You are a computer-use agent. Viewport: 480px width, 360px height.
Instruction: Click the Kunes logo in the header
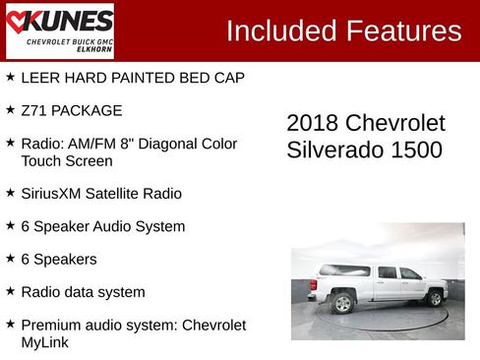pos(59,30)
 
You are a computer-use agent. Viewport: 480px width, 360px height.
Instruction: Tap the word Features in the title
pos(404,30)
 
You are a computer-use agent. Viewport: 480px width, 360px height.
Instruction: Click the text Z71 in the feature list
pos(33,110)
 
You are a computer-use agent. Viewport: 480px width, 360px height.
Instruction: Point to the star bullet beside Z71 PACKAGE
pos(10,109)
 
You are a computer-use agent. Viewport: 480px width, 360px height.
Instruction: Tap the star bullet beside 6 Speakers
pos(10,258)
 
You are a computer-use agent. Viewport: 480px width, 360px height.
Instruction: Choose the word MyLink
pos(46,343)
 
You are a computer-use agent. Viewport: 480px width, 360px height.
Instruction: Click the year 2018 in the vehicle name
pos(312,124)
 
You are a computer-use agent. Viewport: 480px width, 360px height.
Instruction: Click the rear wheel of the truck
pos(342,303)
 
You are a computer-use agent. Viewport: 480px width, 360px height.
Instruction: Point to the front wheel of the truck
pos(435,297)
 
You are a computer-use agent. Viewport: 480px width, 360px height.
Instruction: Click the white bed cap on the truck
pos(344,271)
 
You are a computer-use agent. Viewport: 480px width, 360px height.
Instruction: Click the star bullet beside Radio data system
pos(10,291)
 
